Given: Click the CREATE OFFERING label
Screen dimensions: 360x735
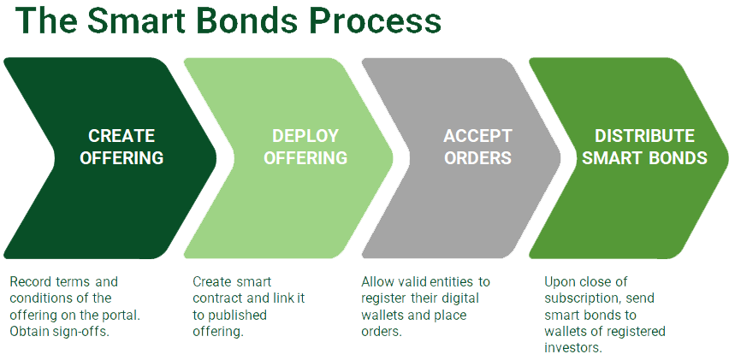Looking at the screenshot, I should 122,147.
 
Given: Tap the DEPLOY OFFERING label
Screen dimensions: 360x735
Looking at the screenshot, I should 305,147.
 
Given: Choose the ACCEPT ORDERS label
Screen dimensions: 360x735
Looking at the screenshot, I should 477,147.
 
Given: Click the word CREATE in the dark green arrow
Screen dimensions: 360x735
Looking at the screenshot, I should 122,136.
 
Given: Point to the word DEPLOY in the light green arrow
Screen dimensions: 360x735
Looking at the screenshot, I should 305,136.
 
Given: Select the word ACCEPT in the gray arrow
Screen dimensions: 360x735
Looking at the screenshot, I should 477,136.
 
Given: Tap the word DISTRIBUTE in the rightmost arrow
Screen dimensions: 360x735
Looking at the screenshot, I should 644,136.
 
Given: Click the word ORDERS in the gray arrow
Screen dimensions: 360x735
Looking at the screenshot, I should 477,158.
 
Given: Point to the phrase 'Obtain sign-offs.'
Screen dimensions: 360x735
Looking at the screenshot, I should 59,331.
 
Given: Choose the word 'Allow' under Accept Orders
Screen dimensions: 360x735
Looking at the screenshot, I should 377,280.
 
